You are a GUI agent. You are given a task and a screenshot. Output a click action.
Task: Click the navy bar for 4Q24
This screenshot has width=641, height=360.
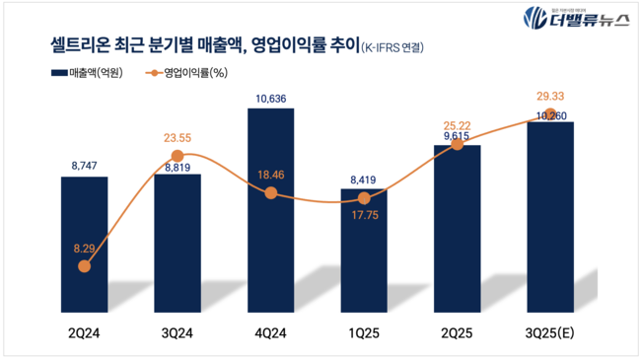tap(270, 207)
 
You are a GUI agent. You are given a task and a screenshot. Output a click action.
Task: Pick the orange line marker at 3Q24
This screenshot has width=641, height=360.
tap(178, 156)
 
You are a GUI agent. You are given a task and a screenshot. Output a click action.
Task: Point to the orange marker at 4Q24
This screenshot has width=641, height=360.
tap(270, 193)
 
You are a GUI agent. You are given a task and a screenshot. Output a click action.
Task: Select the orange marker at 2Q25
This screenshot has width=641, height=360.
tap(458, 144)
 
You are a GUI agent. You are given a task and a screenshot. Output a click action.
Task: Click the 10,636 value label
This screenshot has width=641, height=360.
tap(270, 98)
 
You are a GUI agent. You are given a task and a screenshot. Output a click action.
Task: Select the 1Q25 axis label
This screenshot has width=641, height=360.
tap(365, 332)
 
